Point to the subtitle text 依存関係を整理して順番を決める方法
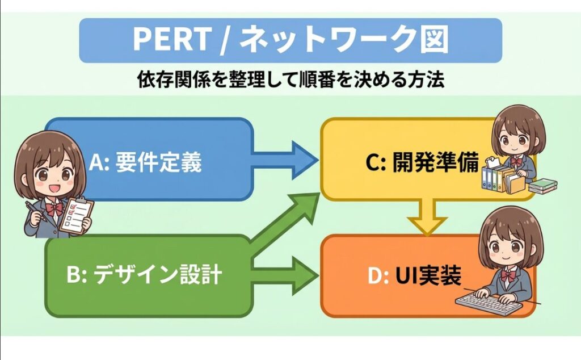pyautogui.click(x=290, y=79)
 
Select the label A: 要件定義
pyautogui.click(x=145, y=162)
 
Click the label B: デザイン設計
pyautogui.click(x=144, y=275)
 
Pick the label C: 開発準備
pyautogui.click(x=422, y=162)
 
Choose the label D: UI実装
pyautogui.click(x=414, y=275)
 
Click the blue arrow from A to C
pyautogui.click(x=285, y=160)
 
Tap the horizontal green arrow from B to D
pyautogui.click(x=285, y=275)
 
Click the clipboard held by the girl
pyautogui.click(x=77, y=215)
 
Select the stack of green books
pyautogui.click(x=543, y=186)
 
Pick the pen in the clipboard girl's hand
pyautogui.click(x=35, y=211)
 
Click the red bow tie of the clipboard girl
pyautogui.click(x=54, y=209)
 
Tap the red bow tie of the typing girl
pyautogui.click(x=508, y=275)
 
